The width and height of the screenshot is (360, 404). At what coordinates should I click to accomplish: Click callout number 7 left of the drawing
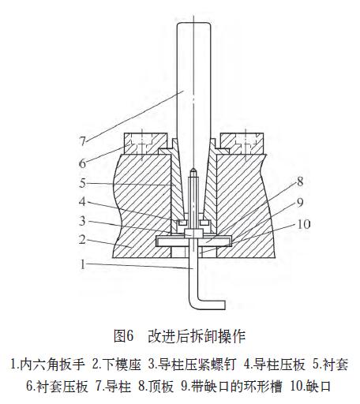point(83,141)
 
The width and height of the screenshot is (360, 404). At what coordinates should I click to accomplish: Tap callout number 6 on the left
point(83,163)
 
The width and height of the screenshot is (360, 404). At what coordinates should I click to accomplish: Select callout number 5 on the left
point(83,183)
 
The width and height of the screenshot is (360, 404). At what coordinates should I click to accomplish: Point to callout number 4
point(82,202)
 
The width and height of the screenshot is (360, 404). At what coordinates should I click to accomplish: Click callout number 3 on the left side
point(82,221)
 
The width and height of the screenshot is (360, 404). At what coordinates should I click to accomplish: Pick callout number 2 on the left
point(82,240)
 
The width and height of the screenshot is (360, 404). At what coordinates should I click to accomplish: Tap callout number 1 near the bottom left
point(83,264)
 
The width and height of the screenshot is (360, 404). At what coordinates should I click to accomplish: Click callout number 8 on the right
point(300,181)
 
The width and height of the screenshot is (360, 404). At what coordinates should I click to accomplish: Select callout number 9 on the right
point(300,202)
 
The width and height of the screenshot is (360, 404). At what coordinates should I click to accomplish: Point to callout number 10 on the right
point(304,224)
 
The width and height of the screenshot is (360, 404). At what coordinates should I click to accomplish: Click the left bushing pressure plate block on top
point(145,144)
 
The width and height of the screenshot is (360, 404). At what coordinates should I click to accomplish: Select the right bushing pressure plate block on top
point(242,144)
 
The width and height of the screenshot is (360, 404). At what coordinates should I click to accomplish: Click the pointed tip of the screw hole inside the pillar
point(193,170)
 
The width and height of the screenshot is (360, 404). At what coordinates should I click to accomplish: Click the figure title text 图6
point(124,336)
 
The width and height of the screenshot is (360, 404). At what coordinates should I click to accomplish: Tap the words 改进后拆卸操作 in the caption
point(197,336)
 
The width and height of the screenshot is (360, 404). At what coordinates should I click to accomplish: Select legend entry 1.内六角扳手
point(47,365)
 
